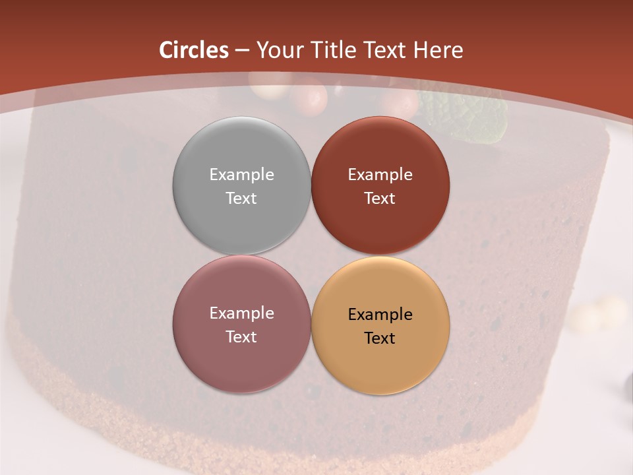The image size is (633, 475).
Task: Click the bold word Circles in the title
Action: click(x=194, y=50)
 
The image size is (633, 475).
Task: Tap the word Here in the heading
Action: click(x=438, y=50)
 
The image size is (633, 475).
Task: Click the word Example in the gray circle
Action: click(x=241, y=175)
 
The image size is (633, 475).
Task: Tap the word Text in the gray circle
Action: click(x=241, y=199)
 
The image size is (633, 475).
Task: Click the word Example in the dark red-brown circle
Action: click(x=380, y=175)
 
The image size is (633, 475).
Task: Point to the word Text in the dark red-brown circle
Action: click(x=380, y=199)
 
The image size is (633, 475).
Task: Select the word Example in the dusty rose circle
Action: click(x=241, y=313)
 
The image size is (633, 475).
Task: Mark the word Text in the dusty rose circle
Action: click(x=241, y=337)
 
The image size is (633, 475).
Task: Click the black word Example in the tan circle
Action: click(x=380, y=315)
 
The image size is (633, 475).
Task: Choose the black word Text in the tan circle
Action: click(x=380, y=338)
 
